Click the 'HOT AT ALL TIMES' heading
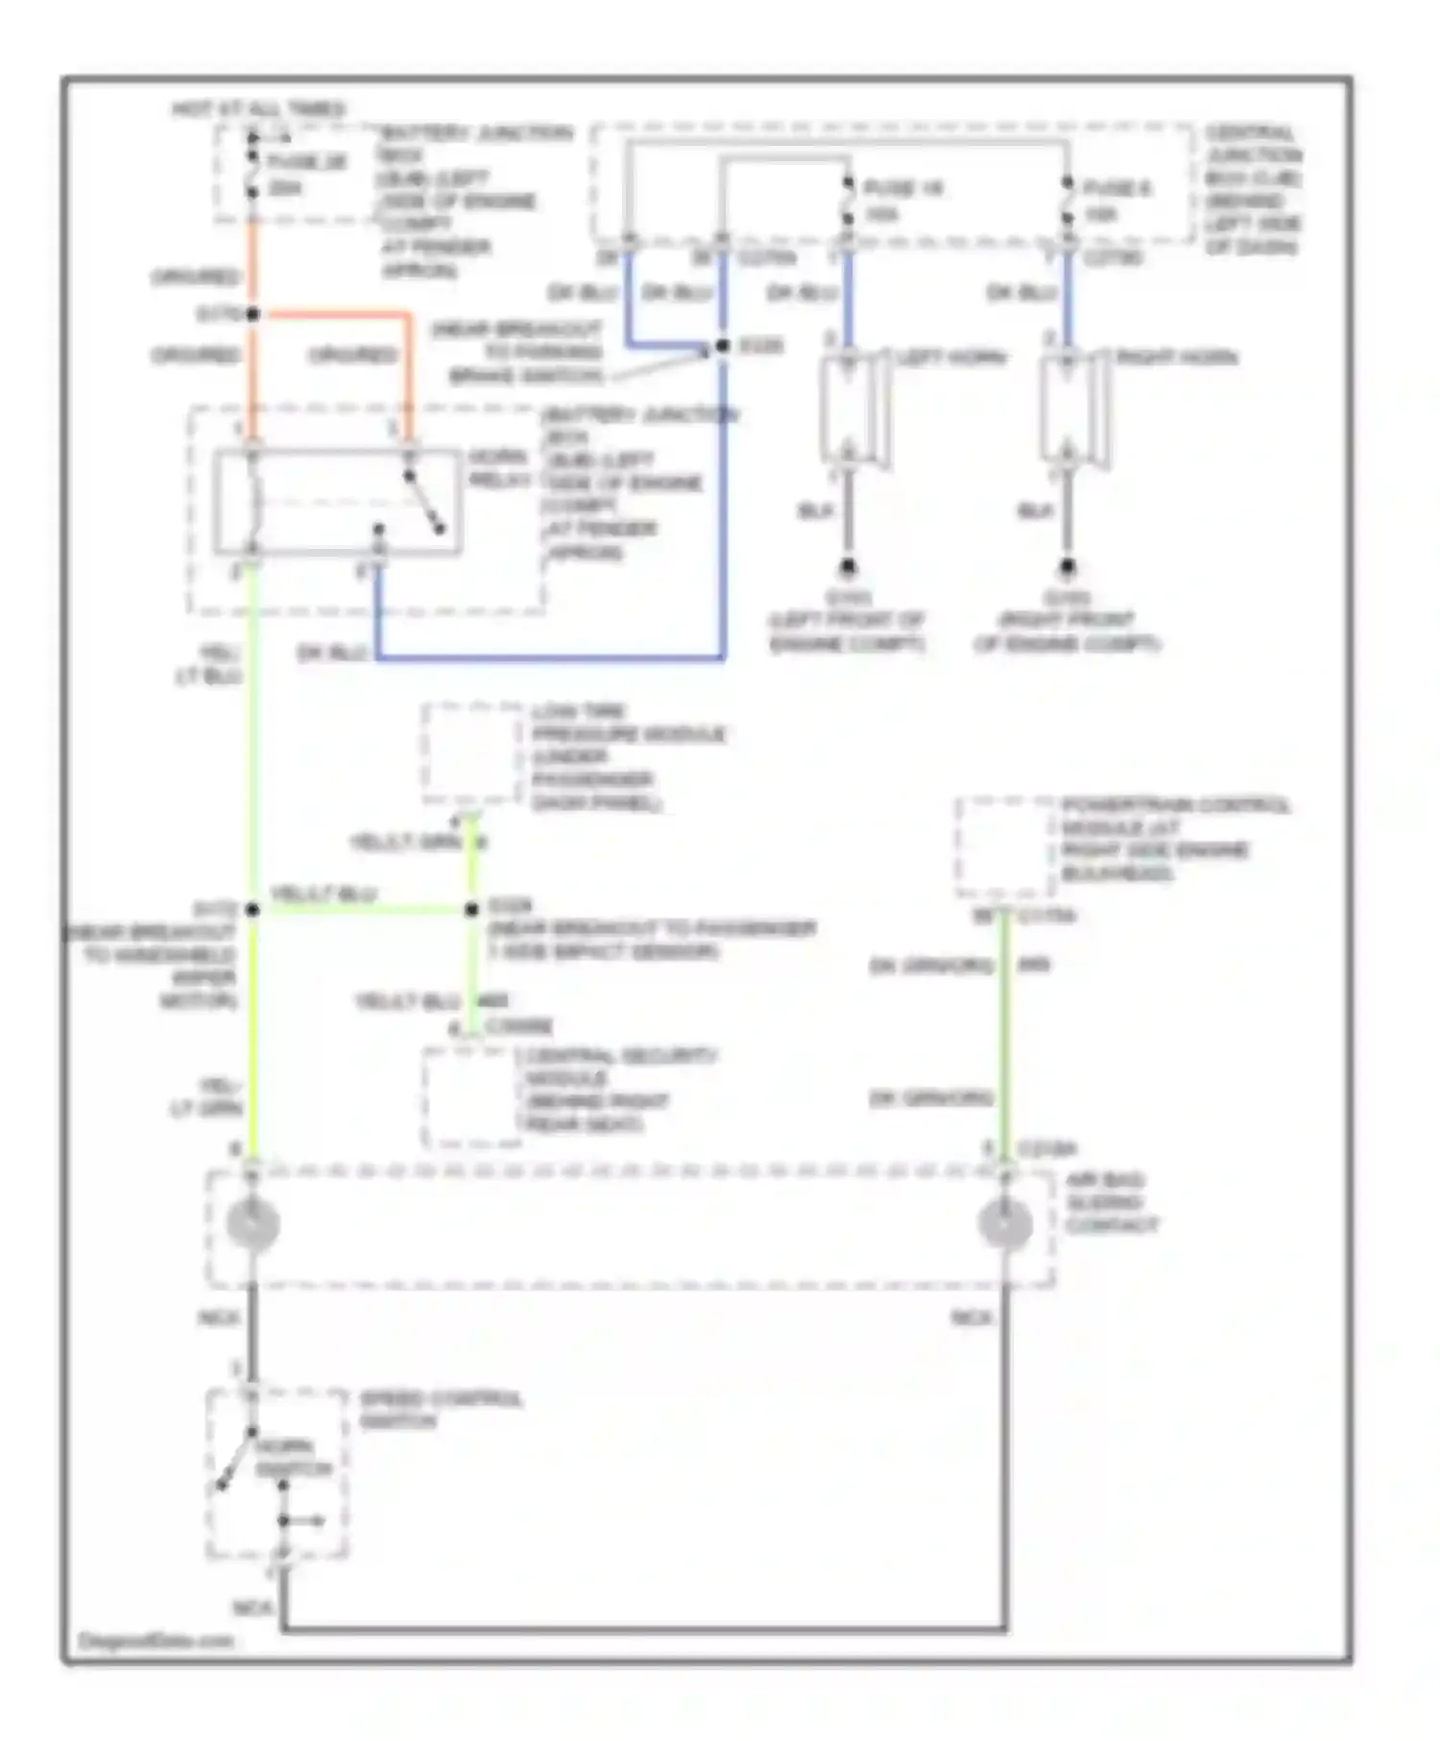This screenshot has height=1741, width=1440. pyautogui.click(x=258, y=108)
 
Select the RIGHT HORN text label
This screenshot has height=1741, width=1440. pyautogui.click(x=1176, y=357)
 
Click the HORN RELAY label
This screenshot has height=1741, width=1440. pyautogui.click(x=498, y=467)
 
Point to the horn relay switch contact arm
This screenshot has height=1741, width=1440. pyautogui.click(x=423, y=502)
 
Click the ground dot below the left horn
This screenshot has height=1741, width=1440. pyautogui.click(x=848, y=567)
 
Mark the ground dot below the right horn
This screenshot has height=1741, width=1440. pyautogui.click(x=1068, y=567)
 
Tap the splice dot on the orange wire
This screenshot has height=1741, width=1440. pyautogui.click(x=252, y=314)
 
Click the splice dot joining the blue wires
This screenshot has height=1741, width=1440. pyautogui.click(x=723, y=346)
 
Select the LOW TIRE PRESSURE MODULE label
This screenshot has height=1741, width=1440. pyautogui.click(x=629, y=756)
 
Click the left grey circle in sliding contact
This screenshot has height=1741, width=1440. pyautogui.click(x=252, y=1224)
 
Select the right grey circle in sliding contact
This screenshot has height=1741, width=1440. pyautogui.click(x=1004, y=1224)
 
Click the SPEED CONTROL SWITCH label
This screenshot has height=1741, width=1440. pyautogui.click(x=440, y=1409)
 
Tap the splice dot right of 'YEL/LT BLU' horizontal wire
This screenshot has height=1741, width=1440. pyautogui.click(x=471, y=909)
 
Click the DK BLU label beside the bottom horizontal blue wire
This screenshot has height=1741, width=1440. pyautogui.click(x=332, y=653)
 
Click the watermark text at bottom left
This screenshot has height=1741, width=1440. pyautogui.click(x=156, y=1640)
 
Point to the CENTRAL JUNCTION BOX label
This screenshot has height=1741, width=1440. pyautogui.click(x=1252, y=189)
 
